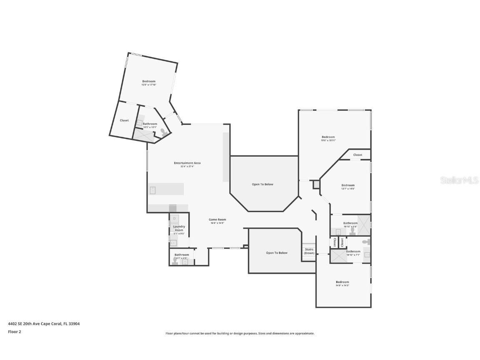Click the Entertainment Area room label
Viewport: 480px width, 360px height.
pos(187,163)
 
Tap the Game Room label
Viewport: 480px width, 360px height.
pos(217,220)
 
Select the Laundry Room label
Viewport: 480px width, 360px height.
pos(179,228)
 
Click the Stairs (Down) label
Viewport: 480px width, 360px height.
pos(309,251)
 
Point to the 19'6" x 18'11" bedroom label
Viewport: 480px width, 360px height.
pos(328,137)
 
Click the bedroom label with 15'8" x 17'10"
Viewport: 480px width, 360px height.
pos(149,81)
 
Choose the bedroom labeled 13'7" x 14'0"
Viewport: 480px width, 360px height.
pos(348,185)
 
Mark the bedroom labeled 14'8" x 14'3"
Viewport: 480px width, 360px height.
pos(342,282)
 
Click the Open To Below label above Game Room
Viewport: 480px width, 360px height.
pos(262,184)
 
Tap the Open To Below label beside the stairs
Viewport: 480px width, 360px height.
pos(277,253)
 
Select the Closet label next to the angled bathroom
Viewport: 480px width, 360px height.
pos(124,120)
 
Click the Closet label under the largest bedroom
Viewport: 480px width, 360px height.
pos(357,155)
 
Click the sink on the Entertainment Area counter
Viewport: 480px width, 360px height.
pos(153,190)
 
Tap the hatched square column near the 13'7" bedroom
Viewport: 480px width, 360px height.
pos(316,184)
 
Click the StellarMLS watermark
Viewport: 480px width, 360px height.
pos(459,180)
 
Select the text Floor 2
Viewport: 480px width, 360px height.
pos(14,332)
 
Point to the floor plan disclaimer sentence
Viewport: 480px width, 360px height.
pos(240,333)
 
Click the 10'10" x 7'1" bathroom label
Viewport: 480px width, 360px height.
pos(353,252)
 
